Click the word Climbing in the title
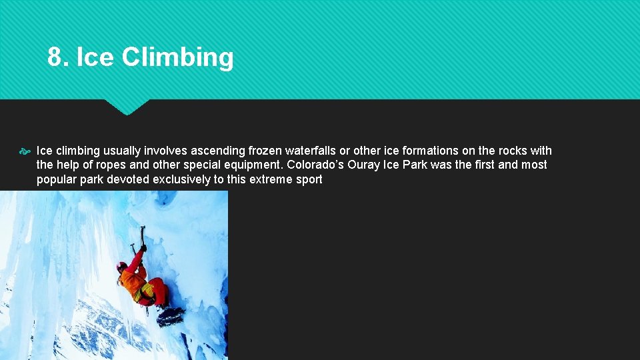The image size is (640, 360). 177,58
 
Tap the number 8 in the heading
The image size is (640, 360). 56,57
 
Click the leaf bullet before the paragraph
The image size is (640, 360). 26,151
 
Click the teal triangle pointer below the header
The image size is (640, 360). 126,107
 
